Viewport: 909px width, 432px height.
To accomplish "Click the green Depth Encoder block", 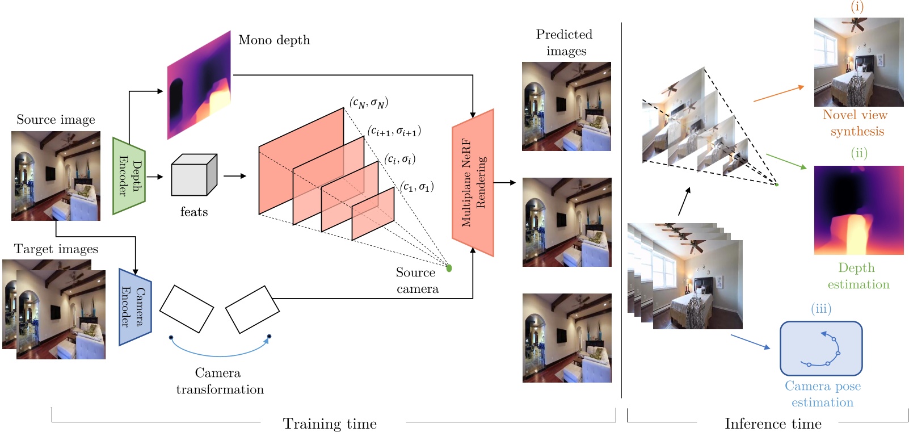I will tap(129, 176).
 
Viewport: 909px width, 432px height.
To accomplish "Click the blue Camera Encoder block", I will tap(135, 307).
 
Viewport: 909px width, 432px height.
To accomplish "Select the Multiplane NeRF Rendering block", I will tap(473, 183).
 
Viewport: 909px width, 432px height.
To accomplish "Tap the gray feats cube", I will tap(194, 175).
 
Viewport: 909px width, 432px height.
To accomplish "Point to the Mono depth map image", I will tap(199, 85).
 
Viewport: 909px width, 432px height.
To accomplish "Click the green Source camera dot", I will tap(449, 268).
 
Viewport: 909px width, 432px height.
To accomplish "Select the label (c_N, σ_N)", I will tap(369, 103).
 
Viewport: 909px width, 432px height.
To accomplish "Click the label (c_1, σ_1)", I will tap(417, 187).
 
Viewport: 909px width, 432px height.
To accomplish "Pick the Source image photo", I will tap(56, 176).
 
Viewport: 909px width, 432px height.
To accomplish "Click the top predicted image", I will tap(566, 106).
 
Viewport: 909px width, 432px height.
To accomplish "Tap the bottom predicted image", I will tap(566, 338).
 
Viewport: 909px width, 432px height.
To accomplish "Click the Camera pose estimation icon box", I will tap(821, 349).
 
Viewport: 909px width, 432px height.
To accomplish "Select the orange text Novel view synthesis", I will tap(856, 123).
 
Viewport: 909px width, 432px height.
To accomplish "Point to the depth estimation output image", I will tap(859, 210).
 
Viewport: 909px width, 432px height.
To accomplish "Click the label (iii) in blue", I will tap(821, 309).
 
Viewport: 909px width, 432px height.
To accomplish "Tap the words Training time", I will tap(330, 424).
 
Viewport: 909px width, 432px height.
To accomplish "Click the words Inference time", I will tap(773, 424).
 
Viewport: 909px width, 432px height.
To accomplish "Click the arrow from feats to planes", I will tap(234, 176).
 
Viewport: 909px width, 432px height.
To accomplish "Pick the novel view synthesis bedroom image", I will tap(859, 62).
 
